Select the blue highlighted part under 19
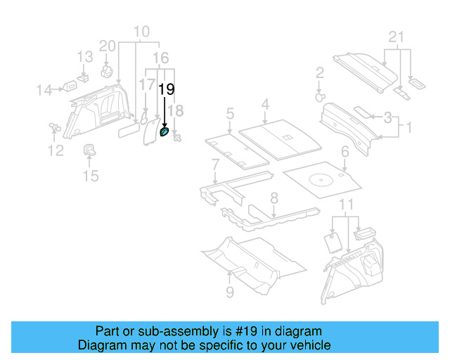165,131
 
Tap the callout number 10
141,31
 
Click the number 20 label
107,46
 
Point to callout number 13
84,57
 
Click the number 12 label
55,150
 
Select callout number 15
91,175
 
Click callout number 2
319,72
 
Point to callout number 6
345,151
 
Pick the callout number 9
230,291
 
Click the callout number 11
345,205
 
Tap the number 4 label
265,105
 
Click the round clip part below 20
108,71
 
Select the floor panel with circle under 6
323,179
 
